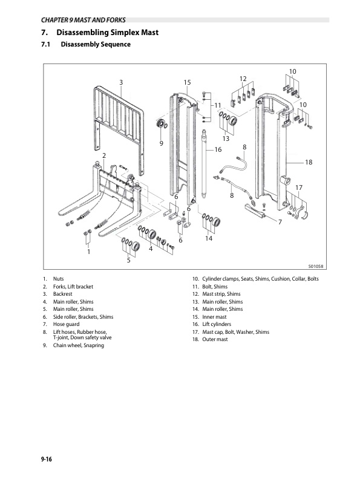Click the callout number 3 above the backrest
pos(121,82)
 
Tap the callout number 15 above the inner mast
pos(187,82)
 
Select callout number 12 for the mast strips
pos(243,79)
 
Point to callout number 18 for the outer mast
pos(309,162)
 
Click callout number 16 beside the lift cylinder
pos(218,149)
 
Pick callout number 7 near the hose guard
pos(280,222)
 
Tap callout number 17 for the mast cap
pos(299,187)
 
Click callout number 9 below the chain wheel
pos(162,143)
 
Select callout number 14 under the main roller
pos(209,238)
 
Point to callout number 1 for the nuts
pos(88,252)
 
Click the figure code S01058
pos(315,266)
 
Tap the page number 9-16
pos(47,459)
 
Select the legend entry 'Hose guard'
pos(67,324)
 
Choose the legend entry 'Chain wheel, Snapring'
pos(79,345)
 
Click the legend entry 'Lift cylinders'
pos(217,324)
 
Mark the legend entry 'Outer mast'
pos(215,339)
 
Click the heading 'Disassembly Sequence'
pos(96,44)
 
